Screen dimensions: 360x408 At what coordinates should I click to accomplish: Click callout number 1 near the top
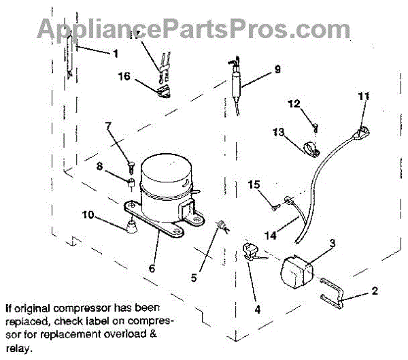point(115,52)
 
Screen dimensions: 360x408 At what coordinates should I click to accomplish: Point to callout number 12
point(294,104)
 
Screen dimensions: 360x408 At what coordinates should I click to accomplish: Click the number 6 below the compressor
point(151,269)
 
